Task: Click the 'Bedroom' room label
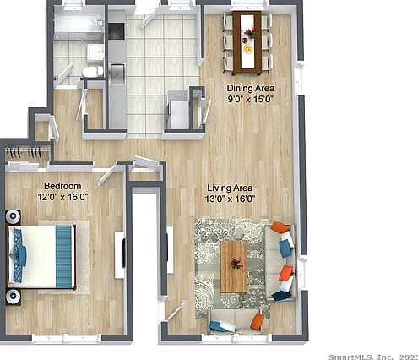(63, 185)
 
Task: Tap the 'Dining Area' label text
(251, 87)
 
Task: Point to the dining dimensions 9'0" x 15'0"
(251, 98)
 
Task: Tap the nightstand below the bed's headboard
(14, 296)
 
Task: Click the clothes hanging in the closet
(25, 153)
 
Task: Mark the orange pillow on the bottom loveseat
(257, 321)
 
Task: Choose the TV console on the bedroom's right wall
(120, 254)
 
